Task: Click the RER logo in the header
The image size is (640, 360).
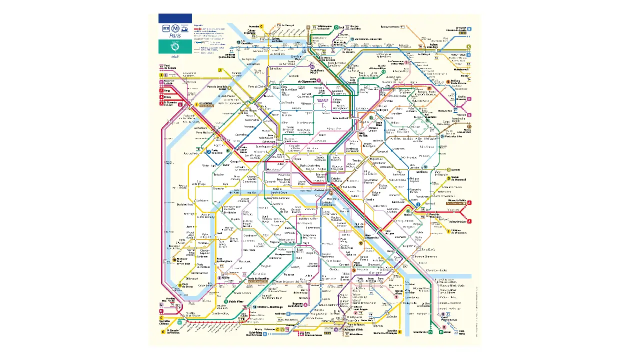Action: click(166, 28)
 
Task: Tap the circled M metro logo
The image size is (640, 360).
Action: click(175, 28)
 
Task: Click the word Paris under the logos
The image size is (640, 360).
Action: click(175, 36)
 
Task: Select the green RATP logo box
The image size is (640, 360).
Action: click(175, 47)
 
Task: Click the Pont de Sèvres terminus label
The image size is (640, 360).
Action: click(187, 285)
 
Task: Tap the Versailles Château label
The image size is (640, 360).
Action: click(165, 321)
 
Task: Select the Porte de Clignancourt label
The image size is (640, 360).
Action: click(308, 80)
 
